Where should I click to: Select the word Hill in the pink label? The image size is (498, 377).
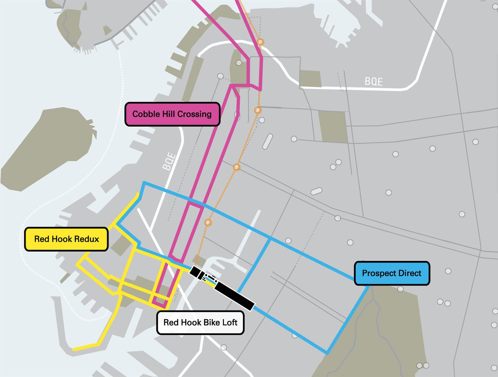[x=169, y=114]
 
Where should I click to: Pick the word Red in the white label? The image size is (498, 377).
[x=171, y=323]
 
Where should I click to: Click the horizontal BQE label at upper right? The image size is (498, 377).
[x=373, y=82]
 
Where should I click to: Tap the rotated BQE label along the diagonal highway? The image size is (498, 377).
[x=169, y=161]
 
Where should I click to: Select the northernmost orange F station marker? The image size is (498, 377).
[x=260, y=42]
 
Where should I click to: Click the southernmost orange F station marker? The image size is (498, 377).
[x=208, y=222]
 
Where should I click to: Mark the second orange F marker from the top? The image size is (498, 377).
[x=257, y=110]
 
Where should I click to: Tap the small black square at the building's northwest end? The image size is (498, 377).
[x=195, y=271]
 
